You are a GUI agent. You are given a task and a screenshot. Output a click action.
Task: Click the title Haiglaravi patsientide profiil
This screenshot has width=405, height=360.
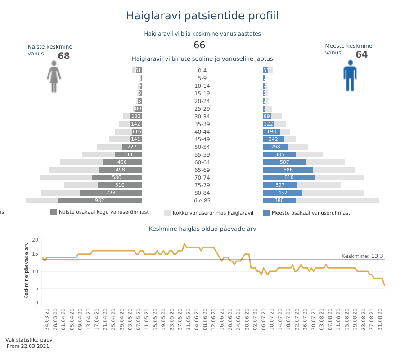pos(202,16)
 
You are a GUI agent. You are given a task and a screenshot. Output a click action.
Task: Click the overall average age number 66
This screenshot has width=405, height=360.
pos(199,45)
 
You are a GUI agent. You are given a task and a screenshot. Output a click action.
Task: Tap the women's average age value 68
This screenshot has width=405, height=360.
pos(64,56)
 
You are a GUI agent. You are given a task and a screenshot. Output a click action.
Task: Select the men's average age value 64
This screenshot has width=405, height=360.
pos(361,55)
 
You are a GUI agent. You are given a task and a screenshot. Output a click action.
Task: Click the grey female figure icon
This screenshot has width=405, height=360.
pos(54,77)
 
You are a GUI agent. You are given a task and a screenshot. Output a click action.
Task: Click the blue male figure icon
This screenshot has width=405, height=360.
pos(350,76)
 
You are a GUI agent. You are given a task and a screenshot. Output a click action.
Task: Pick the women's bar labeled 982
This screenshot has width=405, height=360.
pos(99,201)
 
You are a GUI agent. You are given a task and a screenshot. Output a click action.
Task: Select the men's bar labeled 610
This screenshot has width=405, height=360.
pos(289,178)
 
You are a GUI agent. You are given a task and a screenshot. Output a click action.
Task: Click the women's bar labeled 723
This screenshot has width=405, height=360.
pos(111,193)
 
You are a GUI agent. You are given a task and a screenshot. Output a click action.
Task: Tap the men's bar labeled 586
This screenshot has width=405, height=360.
pos(288,170)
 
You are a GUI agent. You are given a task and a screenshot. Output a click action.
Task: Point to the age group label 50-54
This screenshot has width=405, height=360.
pos(202,147)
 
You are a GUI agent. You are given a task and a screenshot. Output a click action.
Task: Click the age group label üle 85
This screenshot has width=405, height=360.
pos(202,201)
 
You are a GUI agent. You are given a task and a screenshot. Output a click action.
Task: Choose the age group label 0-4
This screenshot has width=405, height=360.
pos(202,71)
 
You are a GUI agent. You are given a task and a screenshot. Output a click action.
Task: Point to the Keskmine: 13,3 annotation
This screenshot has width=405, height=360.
pos(362,256)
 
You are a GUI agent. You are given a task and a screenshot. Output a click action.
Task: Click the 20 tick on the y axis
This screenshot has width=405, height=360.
pos(35,240)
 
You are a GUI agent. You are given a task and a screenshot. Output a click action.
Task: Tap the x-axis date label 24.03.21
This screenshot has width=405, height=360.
pos(46,319)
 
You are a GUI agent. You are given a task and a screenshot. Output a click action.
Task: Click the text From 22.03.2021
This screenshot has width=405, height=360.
pos(28,346)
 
